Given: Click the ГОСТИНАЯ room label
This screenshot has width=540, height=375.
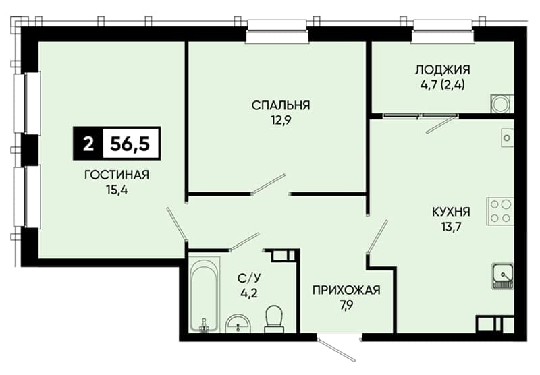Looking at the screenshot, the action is click(117, 175).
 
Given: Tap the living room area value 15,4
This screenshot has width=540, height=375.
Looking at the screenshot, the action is click(117, 190).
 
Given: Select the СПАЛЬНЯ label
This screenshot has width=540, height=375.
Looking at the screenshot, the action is click(281, 105).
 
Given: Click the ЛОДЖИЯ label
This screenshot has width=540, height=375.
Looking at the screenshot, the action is click(443, 69).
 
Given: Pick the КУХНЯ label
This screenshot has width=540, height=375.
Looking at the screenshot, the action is click(451, 212).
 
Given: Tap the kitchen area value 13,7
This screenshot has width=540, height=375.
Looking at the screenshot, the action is click(451, 227).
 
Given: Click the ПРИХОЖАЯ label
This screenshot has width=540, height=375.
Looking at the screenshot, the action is click(346, 290).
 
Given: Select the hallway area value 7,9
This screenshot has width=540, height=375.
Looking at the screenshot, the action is click(346, 305).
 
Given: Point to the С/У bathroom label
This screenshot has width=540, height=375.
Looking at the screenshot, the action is click(248, 278).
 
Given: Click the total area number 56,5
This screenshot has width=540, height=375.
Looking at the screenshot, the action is click(130, 144).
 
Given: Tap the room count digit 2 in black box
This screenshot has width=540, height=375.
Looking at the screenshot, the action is click(88, 144).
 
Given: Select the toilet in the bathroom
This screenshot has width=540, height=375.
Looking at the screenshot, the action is click(274, 318).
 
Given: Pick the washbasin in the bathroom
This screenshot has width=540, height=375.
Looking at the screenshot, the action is click(238, 324).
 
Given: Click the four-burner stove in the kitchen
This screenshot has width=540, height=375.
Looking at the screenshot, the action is click(500, 211).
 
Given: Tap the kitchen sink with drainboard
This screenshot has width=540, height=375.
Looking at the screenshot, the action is click(503, 276).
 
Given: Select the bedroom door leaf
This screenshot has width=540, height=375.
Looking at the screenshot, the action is click(269, 185).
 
